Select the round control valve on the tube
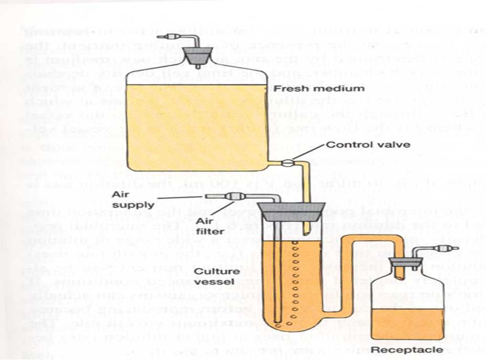pos(286,163)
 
